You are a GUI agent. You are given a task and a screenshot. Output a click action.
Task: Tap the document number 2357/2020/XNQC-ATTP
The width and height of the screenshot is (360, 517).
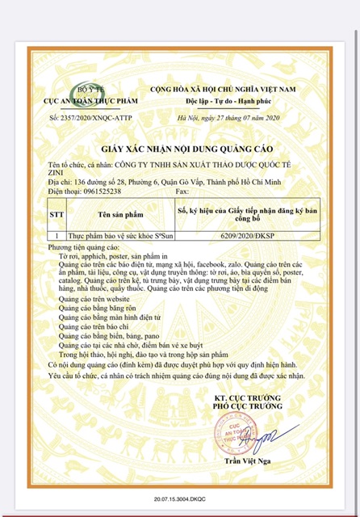coord(86,118)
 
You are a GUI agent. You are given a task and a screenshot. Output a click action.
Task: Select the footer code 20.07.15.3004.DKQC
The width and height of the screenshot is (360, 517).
coord(179,502)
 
